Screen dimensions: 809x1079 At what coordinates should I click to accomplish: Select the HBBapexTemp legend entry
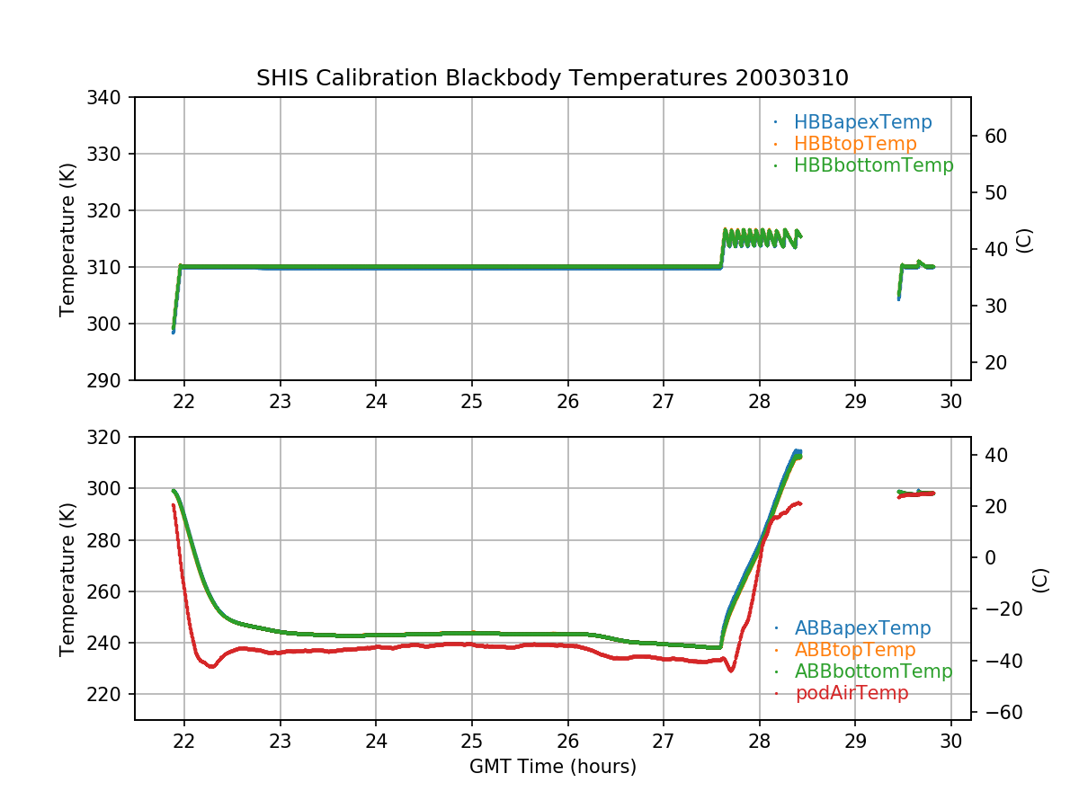click(862, 122)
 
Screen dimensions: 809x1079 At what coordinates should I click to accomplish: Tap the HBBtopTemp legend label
click(855, 144)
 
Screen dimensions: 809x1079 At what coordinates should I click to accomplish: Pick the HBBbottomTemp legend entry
click(873, 165)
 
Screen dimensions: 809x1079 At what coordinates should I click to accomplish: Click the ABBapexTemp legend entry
click(862, 628)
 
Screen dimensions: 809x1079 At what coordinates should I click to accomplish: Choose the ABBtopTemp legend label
click(855, 650)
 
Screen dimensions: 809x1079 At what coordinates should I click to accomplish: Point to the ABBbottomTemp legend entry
click(873, 671)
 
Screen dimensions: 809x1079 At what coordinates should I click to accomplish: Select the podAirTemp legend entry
click(852, 693)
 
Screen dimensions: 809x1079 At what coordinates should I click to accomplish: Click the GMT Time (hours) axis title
click(552, 767)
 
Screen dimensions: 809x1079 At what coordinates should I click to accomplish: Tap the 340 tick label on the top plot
click(110, 97)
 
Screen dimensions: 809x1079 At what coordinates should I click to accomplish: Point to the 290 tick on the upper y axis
click(110, 380)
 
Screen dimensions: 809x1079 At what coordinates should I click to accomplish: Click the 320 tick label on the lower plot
click(110, 438)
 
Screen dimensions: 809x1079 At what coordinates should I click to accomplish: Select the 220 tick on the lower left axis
click(110, 695)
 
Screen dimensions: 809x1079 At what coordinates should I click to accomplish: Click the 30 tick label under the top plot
click(951, 401)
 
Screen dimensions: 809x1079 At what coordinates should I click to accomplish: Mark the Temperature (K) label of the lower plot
click(67, 579)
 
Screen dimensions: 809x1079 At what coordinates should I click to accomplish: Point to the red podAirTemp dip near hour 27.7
click(731, 670)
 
